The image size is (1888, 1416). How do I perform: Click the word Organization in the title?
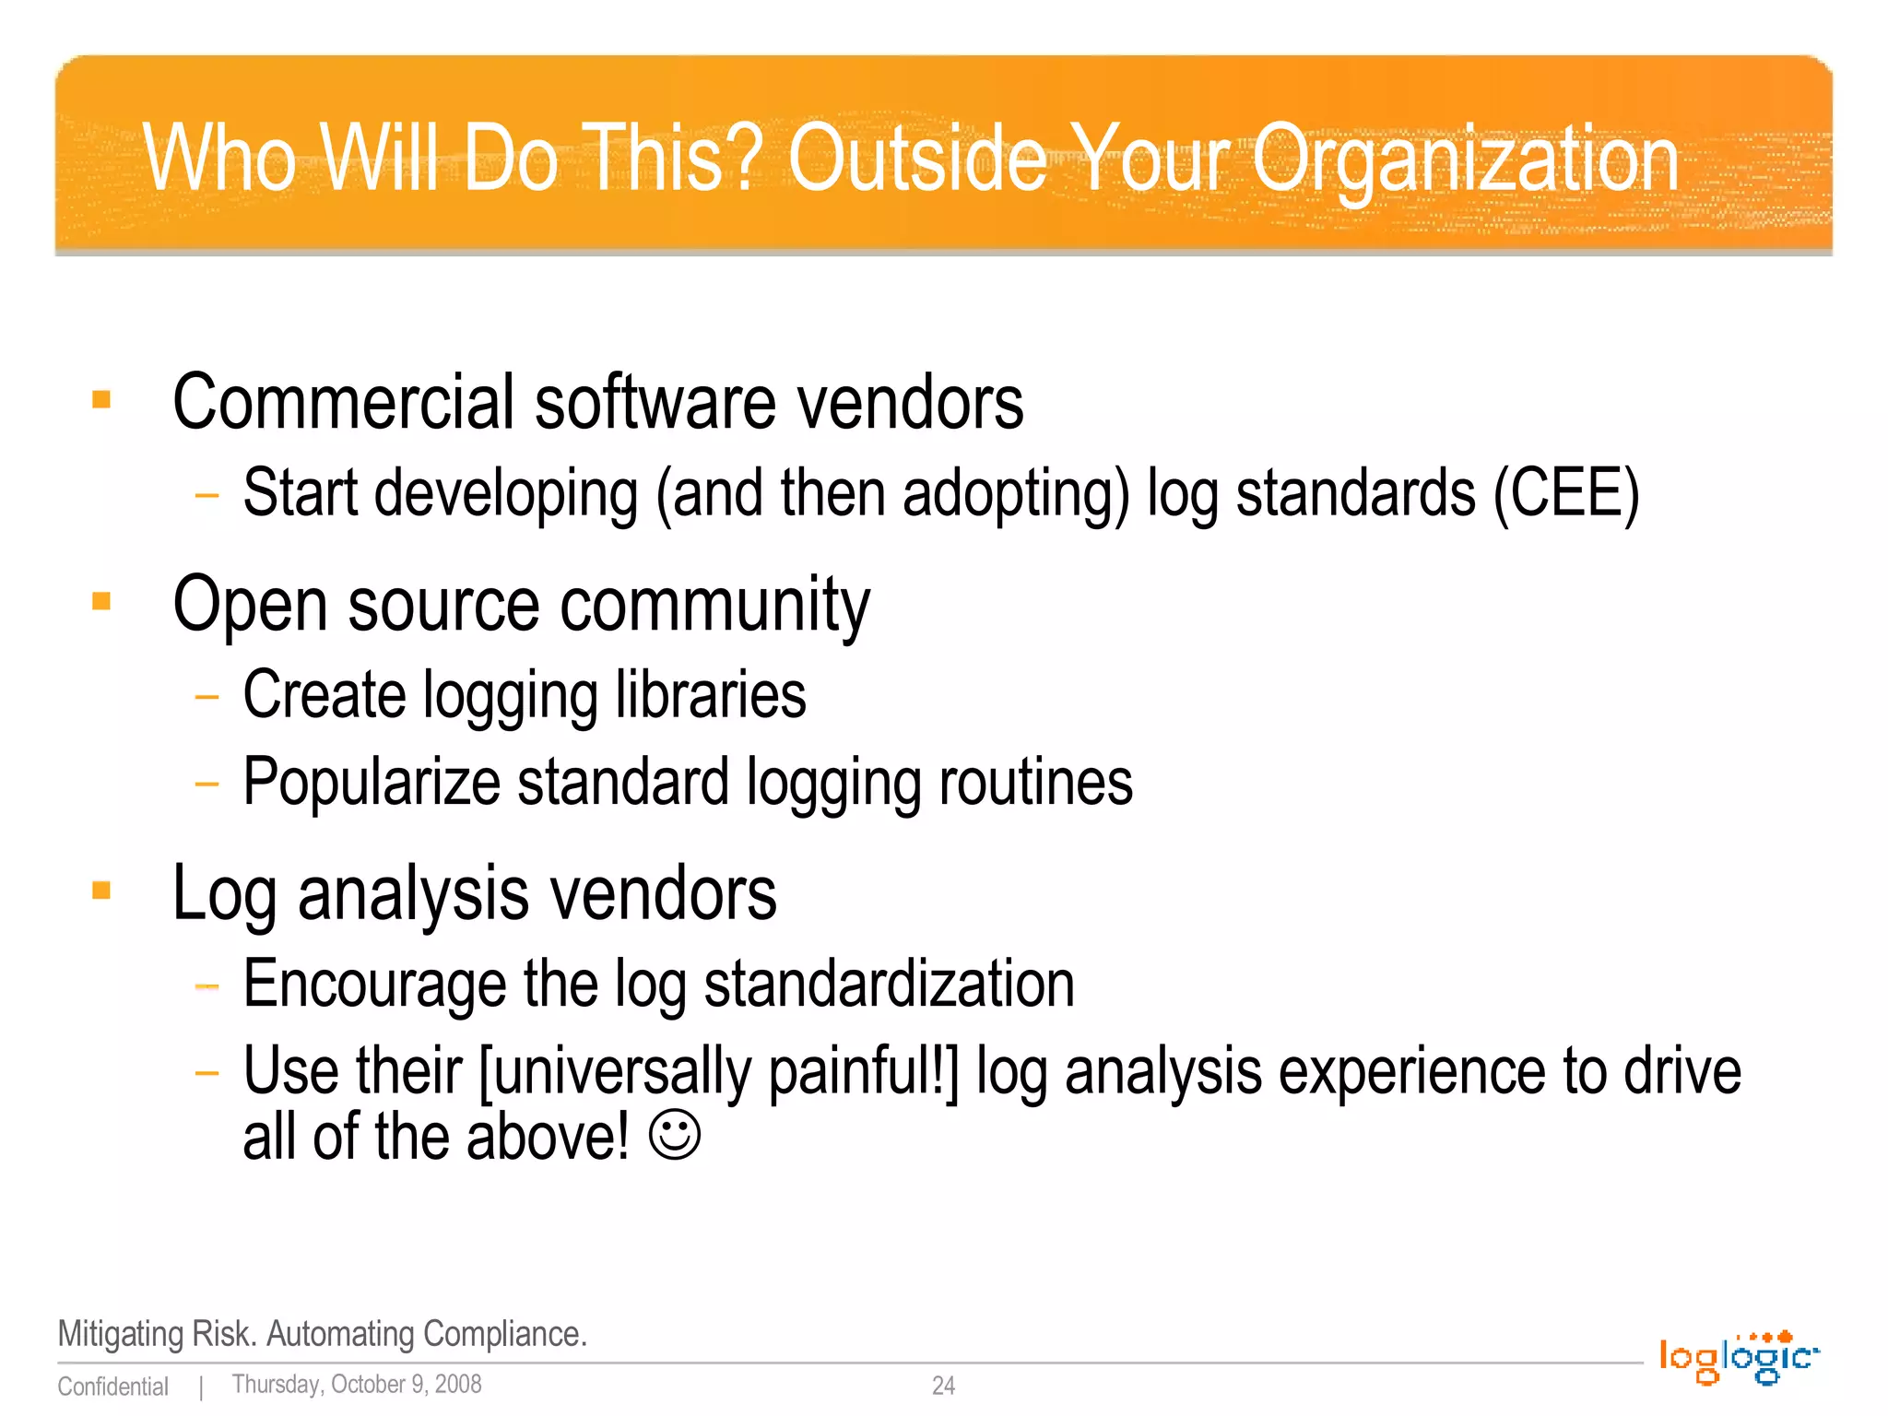point(1465,161)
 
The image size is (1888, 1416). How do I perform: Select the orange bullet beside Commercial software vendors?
point(101,399)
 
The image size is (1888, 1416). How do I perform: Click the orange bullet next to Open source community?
point(101,602)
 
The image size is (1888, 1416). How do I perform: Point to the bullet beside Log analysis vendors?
point(101,891)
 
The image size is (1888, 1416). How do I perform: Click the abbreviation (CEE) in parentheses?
point(1566,494)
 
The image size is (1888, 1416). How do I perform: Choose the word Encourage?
point(374,985)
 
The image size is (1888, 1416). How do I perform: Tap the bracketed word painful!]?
point(863,1072)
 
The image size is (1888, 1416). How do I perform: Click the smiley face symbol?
point(675,1136)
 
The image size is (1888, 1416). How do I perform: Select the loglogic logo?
point(1739,1358)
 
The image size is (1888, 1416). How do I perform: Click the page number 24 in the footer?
point(943,1386)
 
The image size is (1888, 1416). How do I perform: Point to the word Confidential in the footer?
point(112,1386)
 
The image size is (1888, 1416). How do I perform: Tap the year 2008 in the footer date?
point(458,1385)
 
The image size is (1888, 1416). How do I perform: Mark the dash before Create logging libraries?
point(207,697)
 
